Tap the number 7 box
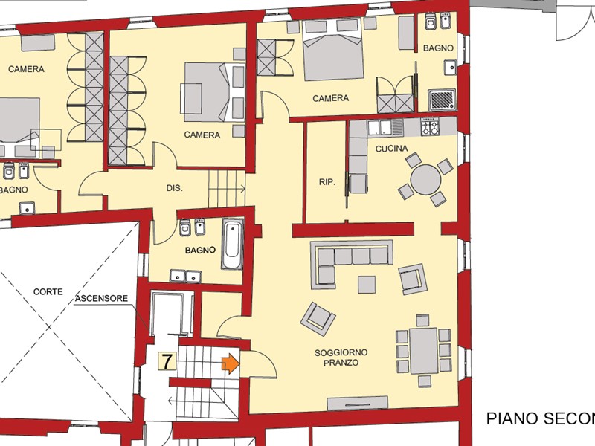click(x=167, y=362)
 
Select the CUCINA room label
click(x=390, y=149)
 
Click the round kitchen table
click(x=426, y=179)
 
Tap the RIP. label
click(x=327, y=181)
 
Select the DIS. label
click(x=174, y=188)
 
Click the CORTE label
click(x=48, y=292)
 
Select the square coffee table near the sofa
click(x=367, y=284)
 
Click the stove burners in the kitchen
click(x=431, y=127)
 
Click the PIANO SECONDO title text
click(x=540, y=418)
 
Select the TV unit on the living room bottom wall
click(x=357, y=403)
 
